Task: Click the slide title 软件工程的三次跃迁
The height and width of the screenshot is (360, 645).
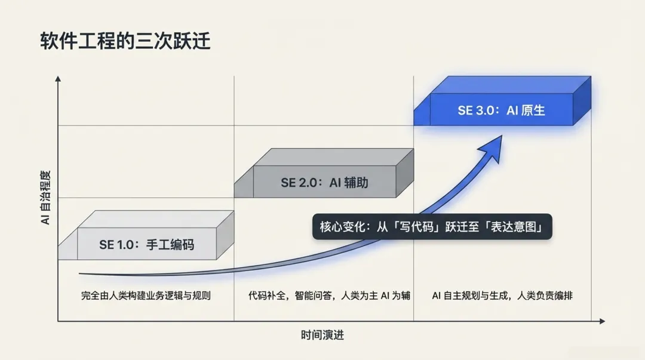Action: (125, 42)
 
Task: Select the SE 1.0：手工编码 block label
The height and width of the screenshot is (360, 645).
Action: (146, 245)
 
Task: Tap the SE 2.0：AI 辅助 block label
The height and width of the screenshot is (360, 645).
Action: (324, 183)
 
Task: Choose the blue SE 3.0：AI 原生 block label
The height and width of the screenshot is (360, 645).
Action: (501, 110)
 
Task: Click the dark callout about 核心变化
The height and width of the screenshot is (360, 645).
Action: (432, 227)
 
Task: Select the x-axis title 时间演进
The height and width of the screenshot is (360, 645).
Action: (322, 335)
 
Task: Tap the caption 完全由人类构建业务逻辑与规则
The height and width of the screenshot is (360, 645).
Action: (146, 296)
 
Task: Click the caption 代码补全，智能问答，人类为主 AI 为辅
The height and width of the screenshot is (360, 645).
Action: (329, 296)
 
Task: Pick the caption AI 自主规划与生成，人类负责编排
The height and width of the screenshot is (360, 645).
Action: (502, 296)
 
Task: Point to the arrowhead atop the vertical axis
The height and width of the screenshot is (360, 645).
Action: (58, 79)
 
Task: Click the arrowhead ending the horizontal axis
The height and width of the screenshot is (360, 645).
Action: (601, 321)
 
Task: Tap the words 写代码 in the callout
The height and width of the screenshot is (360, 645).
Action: (417, 227)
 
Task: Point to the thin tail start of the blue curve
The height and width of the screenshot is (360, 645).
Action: (81, 274)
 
